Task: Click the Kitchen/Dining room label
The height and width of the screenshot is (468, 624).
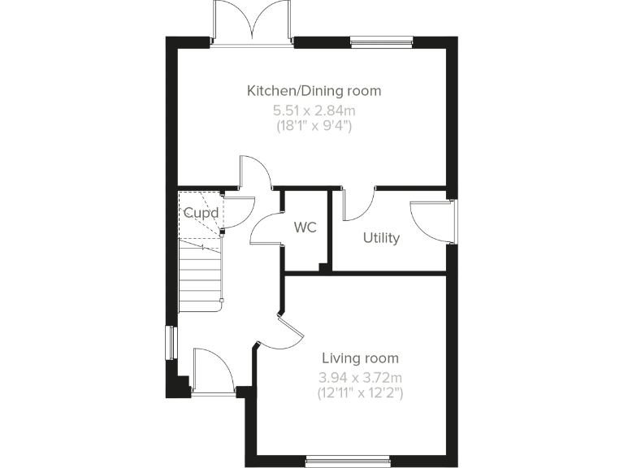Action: click(x=314, y=91)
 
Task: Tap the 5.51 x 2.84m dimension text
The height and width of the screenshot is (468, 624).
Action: click(x=314, y=110)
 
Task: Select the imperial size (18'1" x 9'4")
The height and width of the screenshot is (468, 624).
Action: click(x=314, y=126)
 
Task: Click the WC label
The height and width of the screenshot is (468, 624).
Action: click(x=305, y=227)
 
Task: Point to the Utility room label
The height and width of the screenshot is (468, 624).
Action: click(x=380, y=238)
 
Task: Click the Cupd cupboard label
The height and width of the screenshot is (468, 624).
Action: click(x=200, y=213)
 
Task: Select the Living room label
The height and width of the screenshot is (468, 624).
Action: click(x=360, y=358)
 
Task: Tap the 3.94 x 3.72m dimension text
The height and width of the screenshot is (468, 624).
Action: click(x=360, y=377)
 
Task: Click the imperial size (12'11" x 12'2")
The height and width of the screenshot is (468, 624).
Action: click(x=360, y=393)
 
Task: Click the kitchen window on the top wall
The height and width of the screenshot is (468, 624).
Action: click(x=381, y=41)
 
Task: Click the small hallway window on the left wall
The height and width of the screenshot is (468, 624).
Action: click(x=171, y=341)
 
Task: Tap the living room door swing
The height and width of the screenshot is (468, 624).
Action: click(x=289, y=333)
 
